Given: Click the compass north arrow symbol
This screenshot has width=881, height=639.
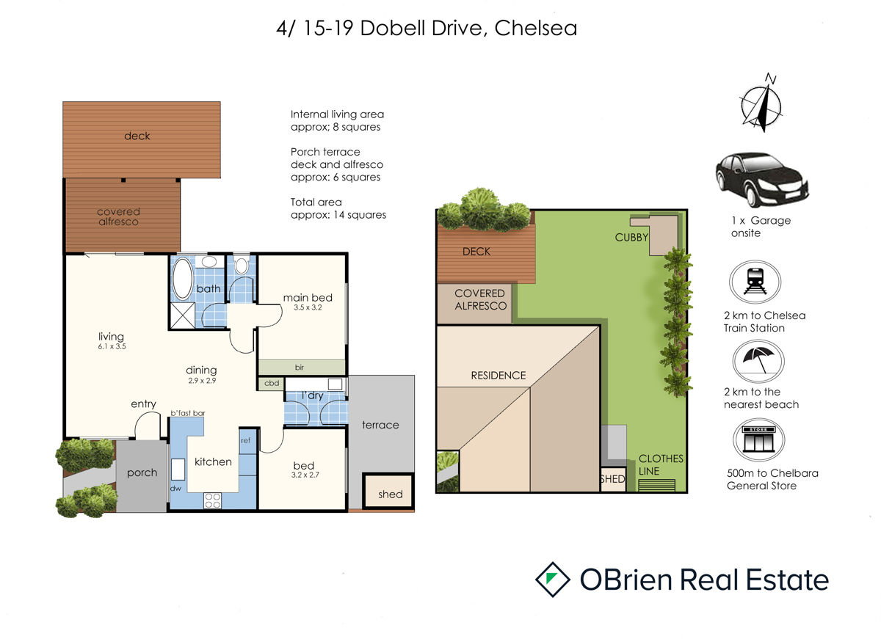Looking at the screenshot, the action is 761,103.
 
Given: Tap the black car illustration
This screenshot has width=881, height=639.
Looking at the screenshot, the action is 761,180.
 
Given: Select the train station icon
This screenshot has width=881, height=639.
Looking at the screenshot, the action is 755,282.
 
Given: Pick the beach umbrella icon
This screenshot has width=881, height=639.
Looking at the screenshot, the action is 758,361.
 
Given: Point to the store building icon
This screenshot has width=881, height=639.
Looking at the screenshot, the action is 758,439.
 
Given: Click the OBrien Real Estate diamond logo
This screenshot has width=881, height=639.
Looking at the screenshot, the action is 553,580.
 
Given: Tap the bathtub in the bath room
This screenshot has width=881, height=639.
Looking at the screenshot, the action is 183,278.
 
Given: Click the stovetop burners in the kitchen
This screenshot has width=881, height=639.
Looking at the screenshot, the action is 212,500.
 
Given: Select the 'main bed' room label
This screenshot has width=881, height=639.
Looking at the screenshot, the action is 308,298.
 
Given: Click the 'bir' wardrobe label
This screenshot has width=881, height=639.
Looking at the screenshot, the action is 300,368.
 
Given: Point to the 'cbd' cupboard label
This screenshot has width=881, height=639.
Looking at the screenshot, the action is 272,383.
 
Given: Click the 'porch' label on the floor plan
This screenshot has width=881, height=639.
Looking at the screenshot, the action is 142,472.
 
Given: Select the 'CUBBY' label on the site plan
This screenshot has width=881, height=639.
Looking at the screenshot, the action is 631,238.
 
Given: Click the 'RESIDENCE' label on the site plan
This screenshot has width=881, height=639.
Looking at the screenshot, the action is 498,376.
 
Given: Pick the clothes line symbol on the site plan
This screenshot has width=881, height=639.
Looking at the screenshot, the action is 656,485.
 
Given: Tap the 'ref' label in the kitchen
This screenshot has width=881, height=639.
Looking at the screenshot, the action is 245,440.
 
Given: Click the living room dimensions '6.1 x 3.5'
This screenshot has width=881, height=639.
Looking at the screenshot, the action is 112,346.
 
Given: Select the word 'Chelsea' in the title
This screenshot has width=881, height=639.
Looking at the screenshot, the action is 536,29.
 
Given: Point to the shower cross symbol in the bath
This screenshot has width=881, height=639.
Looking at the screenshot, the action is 183,315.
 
